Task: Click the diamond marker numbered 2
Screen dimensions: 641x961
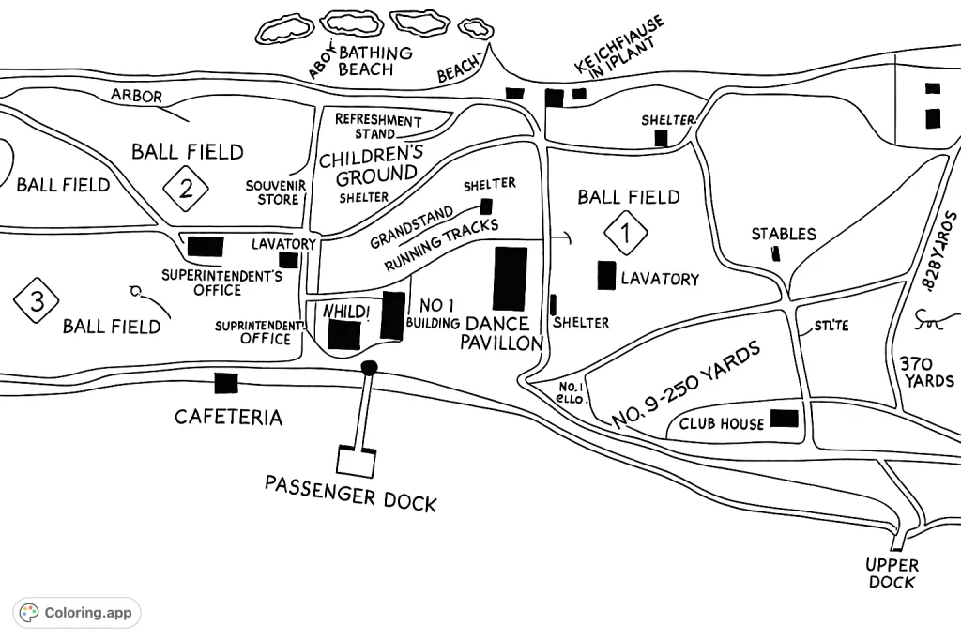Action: (x=186, y=190)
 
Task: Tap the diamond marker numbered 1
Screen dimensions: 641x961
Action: (x=626, y=232)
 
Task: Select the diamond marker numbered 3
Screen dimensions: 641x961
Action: (x=37, y=300)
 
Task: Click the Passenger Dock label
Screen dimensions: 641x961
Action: (x=350, y=493)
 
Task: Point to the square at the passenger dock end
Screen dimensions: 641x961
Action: (x=357, y=460)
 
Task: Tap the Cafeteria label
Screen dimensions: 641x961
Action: (x=228, y=417)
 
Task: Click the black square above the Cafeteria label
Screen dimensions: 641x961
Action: (x=225, y=383)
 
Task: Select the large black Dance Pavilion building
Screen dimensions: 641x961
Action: (x=511, y=278)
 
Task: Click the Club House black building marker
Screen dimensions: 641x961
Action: (x=785, y=419)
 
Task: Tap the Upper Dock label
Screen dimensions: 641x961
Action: (x=892, y=573)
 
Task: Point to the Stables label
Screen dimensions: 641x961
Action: (x=784, y=234)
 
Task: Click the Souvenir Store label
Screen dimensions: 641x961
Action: (x=272, y=192)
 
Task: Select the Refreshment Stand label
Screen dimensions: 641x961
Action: (x=378, y=127)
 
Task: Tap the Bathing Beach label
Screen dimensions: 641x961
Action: (x=374, y=61)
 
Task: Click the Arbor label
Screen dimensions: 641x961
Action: (x=136, y=96)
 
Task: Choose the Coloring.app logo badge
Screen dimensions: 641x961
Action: (x=77, y=613)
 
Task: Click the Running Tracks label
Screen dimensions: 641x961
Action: (x=441, y=246)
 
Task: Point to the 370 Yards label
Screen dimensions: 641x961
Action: (x=926, y=372)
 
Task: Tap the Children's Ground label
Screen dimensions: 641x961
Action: (x=371, y=164)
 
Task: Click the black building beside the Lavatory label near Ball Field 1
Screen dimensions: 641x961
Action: (x=606, y=275)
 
